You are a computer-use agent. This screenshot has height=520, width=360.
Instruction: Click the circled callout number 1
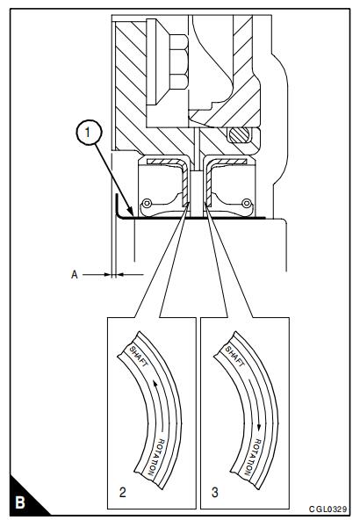88,132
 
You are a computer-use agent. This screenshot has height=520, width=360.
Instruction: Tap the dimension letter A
75,275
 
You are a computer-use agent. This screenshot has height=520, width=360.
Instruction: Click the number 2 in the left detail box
123,492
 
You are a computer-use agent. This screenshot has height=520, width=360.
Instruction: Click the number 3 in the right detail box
215,492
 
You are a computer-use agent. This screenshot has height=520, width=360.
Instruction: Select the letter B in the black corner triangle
20,502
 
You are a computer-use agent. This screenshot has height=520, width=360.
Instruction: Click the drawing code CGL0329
328,509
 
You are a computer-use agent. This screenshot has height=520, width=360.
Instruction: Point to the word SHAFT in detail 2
138,356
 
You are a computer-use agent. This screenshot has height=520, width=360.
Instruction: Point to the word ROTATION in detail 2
155,457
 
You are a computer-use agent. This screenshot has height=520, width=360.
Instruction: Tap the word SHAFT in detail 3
234,356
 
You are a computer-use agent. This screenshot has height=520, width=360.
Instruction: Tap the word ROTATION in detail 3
253,457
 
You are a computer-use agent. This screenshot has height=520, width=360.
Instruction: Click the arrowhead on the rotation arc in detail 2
155,384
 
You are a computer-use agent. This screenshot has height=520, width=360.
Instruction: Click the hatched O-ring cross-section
238,135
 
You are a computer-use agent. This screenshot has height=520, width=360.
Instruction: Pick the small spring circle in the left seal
146,203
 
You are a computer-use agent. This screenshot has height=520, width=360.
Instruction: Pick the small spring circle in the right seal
247,203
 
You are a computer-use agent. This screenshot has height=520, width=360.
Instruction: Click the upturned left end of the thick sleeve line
118,205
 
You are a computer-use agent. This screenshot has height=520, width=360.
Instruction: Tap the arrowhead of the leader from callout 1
131,213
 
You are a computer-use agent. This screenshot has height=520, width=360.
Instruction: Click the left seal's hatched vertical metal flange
184,184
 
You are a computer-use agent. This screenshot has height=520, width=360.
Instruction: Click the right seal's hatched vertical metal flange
208,184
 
